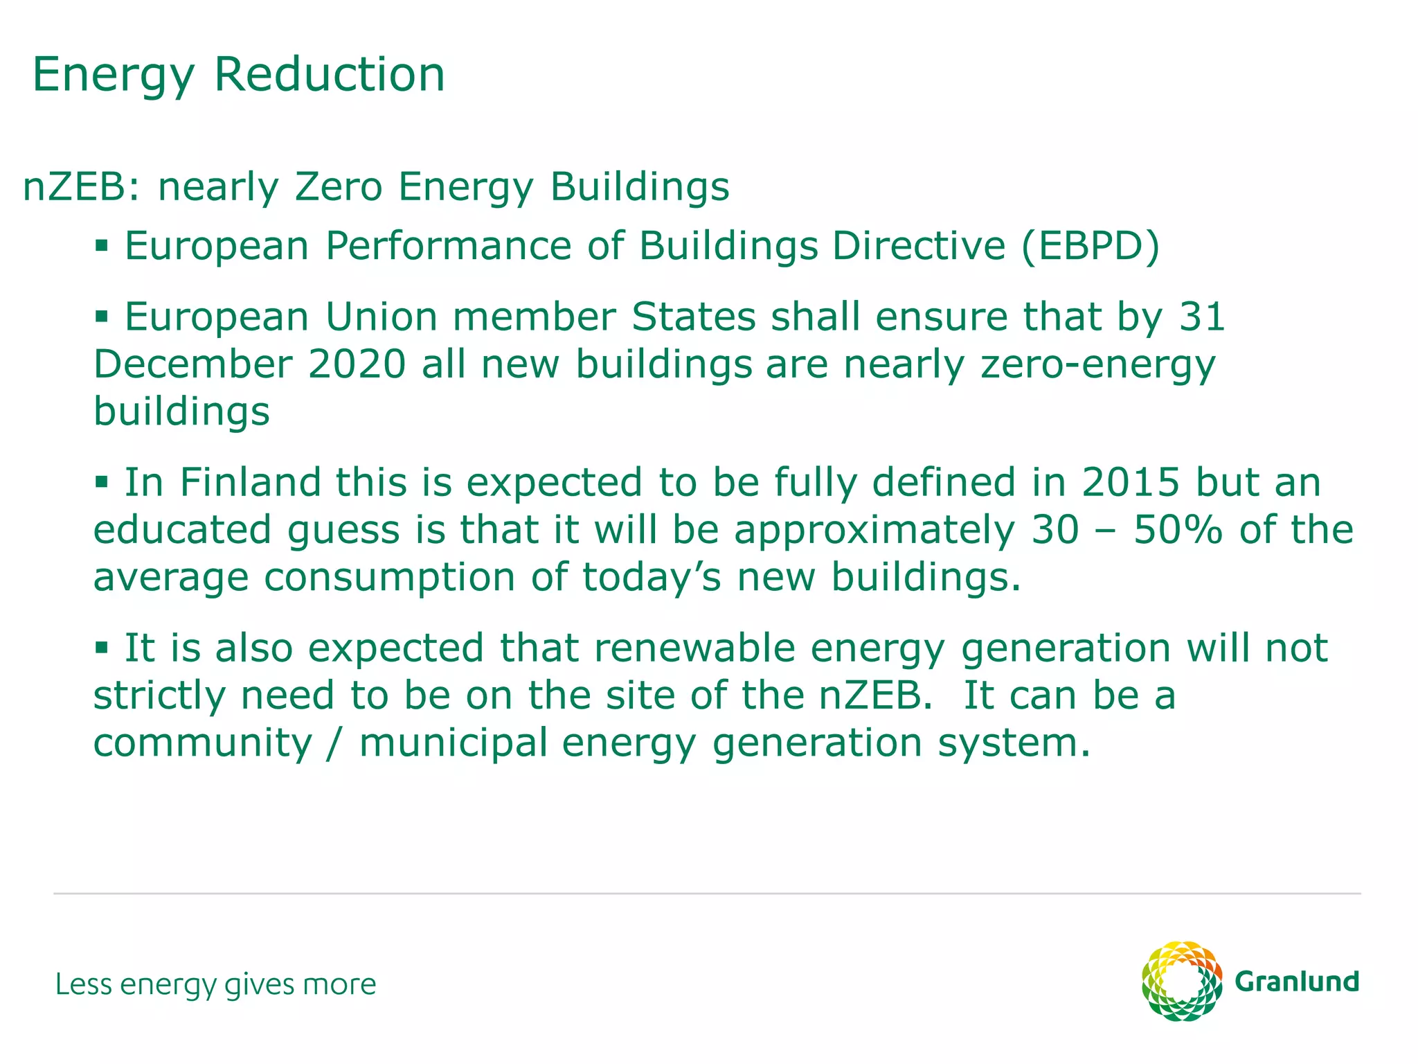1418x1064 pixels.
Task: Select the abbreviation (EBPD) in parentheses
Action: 1091,246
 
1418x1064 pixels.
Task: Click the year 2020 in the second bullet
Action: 357,364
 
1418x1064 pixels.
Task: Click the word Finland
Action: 251,482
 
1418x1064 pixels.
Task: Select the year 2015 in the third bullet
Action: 1131,482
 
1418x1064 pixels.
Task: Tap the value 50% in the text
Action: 1177,530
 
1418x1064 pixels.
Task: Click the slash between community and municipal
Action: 336,743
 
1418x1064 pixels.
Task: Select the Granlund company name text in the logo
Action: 1297,982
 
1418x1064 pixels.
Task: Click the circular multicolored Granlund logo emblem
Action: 1182,981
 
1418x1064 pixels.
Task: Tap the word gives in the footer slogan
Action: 250,984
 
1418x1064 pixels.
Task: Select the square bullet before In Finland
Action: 102,481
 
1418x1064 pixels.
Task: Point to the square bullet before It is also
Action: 102,647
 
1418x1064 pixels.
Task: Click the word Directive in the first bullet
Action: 918,246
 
